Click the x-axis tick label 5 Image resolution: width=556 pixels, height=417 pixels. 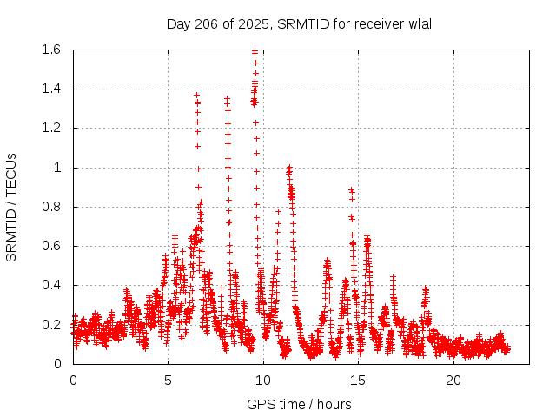(x=168, y=381)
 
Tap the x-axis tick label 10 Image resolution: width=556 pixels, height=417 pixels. (x=263, y=381)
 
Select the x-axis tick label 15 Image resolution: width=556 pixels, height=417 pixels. (x=358, y=381)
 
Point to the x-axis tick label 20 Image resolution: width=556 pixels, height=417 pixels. (x=453, y=381)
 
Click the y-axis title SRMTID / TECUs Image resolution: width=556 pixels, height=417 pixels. (x=12, y=207)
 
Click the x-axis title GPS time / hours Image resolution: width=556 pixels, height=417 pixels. (x=299, y=404)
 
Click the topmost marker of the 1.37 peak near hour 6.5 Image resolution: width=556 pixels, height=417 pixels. (x=196, y=95)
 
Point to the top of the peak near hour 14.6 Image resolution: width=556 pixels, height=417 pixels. (x=351, y=189)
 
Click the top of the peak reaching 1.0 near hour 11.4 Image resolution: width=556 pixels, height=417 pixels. (x=289, y=167)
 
